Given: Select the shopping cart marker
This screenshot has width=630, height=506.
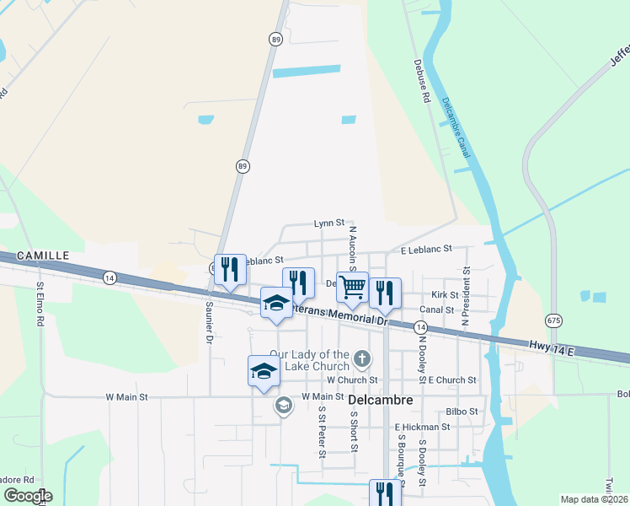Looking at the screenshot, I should pos(352,288).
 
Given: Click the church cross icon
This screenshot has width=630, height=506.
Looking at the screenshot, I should pos(361,358).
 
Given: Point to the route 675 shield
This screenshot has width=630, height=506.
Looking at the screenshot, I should pos(553,320).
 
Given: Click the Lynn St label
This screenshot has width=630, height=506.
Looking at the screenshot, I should pos(329,223).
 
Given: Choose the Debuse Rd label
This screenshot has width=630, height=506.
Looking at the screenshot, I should pos(422,81).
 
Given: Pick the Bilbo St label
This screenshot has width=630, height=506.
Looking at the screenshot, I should pos(462,412).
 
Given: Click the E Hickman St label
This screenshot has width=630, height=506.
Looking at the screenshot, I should pos(421,428).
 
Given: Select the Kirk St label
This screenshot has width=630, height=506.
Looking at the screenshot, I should pos(444,295).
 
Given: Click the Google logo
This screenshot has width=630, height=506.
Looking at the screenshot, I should pos(27,496).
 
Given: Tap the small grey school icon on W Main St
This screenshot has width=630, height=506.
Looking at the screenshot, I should pos(283,406).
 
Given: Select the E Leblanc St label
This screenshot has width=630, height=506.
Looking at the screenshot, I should pos(426,250).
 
